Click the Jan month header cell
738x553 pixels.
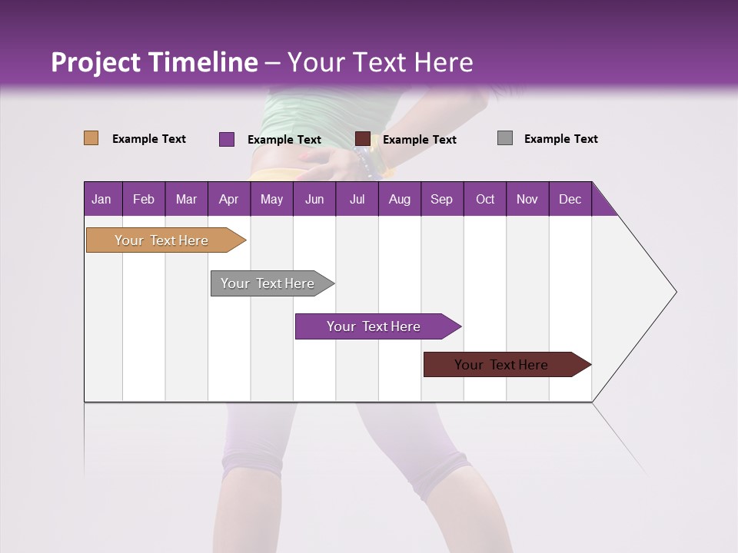pos(101,199)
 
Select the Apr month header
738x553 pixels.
pos(228,199)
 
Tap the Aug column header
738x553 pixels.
pos(399,199)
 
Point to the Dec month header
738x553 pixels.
pos(570,199)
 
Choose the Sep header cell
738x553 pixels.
pos(441,199)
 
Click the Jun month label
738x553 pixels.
pos(314,199)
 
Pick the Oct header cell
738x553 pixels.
pos(485,199)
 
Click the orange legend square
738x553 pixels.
pos(91,138)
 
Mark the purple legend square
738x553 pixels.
pos(227,139)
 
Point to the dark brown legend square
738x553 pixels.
pos(363,139)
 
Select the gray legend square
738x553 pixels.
pos(505,138)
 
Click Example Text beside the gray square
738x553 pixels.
pos(560,139)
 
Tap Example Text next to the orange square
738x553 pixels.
pos(149,139)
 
